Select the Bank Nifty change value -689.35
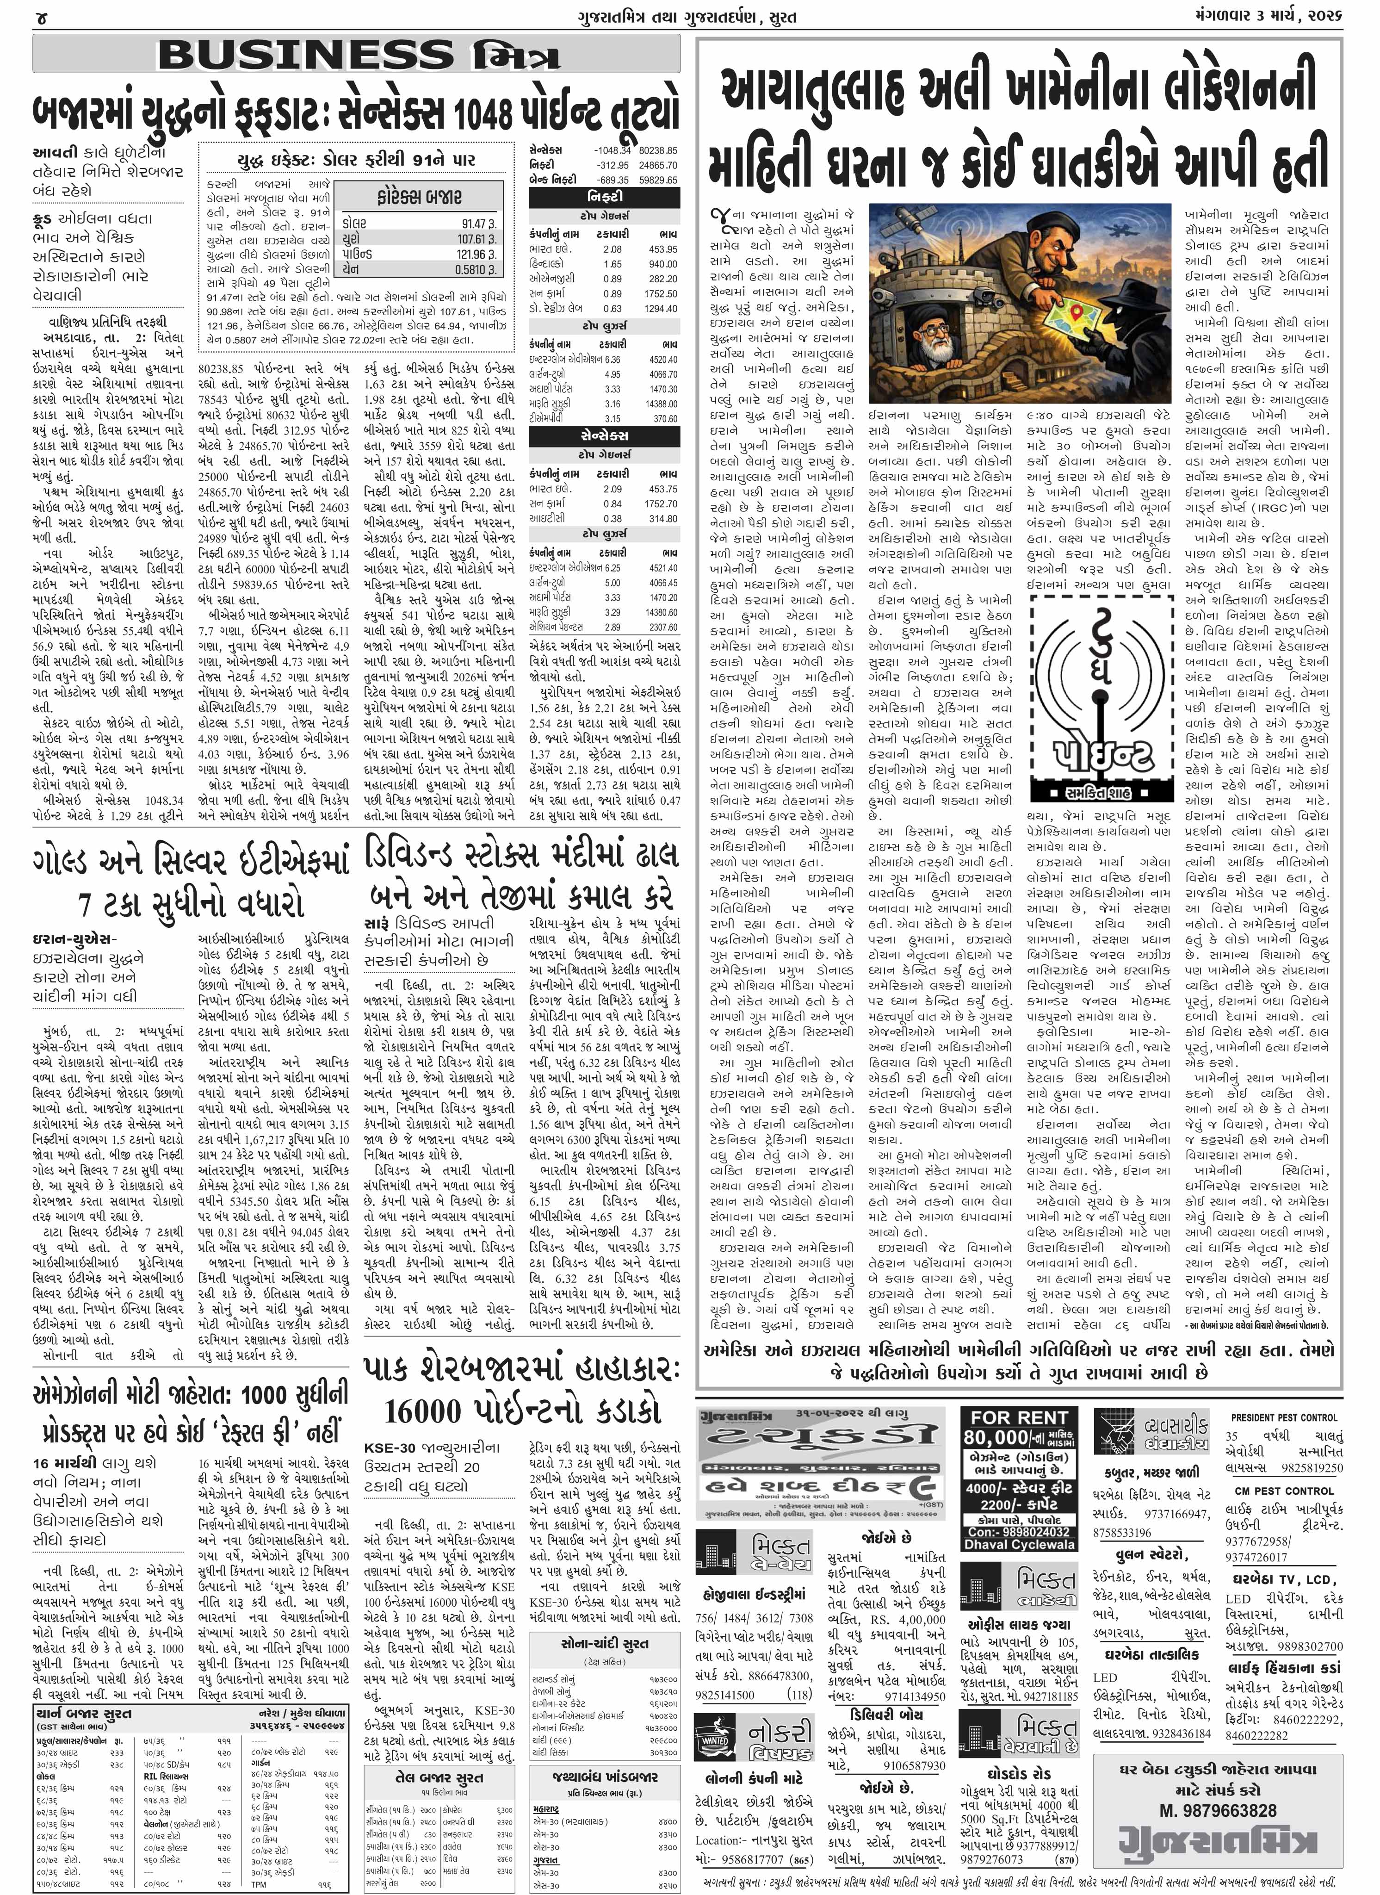click(x=613, y=180)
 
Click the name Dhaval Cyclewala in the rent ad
click(x=1019, y=1545)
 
